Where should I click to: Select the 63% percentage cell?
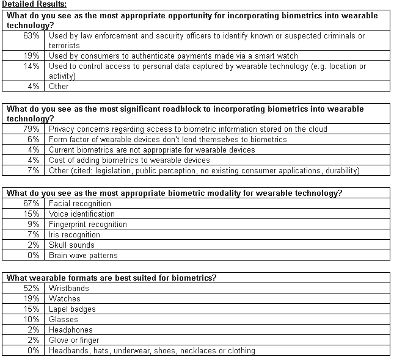[32, 36]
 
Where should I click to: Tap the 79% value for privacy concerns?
[32, 129]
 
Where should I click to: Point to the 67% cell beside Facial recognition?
[32, 203]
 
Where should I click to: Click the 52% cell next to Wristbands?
[32, 289]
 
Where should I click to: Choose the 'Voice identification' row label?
[82, 214]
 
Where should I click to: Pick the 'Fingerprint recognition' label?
[88, 224]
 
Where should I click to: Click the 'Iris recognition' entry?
[75, 234]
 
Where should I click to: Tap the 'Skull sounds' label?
[72, 245]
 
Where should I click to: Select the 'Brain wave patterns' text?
[84, 255]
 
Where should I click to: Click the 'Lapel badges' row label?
[73, 309]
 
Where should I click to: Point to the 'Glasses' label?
[64, 320]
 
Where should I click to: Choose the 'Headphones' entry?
[71, 330]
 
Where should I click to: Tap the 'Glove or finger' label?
[74, 340]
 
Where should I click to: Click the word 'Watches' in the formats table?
[65, 299]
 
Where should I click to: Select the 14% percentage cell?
[32, 67]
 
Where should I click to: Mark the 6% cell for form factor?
[34, 140]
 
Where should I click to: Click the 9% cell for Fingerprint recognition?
[34, 224]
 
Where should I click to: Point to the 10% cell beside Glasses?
[32, 320]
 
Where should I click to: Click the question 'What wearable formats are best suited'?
[111, 278]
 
